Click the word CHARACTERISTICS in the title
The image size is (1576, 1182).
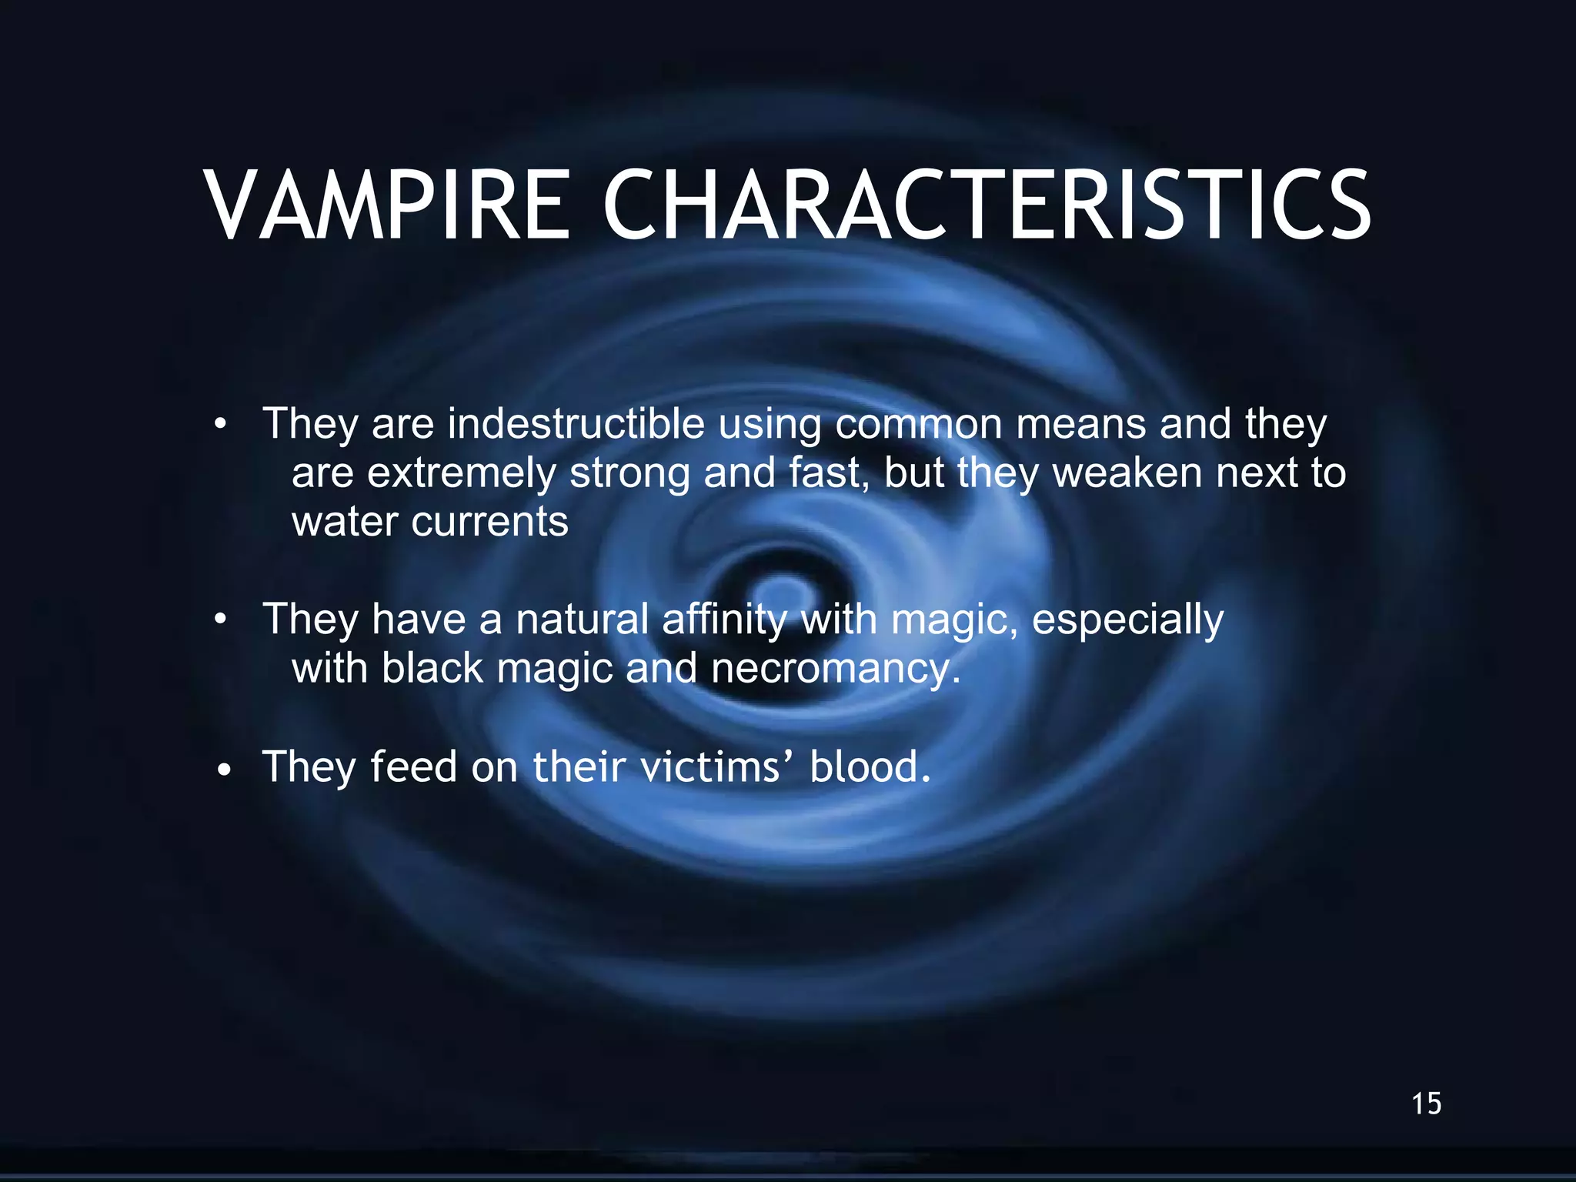pyautogui.click(x=987, y=205)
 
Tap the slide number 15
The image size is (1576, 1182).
pyautogui.click(x=1426, y=1104)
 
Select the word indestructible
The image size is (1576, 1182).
pyautogui.click(x=576, y=424)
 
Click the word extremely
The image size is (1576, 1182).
pyautogui.click(x=461, y=473)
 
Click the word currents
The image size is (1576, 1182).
pyautogui.click(x=490, y=523)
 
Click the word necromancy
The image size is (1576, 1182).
pyautogui.click(x=836, y=669)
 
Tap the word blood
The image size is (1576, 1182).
pyautogui.click(x=870, y=767)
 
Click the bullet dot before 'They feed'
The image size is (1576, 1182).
pyautogui.click(x=223, y=770)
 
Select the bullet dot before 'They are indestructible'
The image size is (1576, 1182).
pyautogui.click(x=222, y=426)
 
